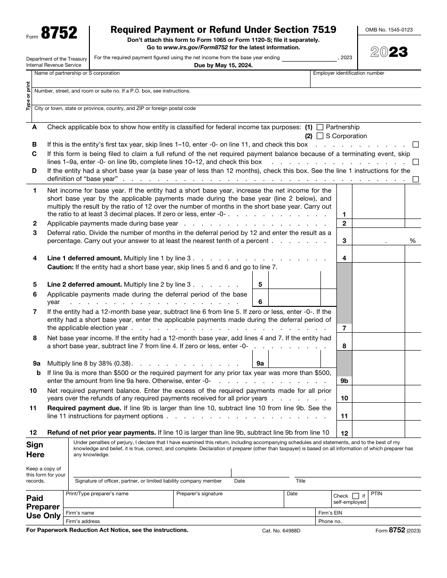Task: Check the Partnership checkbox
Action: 320,127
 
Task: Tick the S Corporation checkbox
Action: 320,136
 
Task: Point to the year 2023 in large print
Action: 389,52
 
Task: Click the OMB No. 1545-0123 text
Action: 389,30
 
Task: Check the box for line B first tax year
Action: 415,145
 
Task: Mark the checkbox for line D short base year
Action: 415,179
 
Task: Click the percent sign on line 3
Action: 413,241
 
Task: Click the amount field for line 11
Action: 378,412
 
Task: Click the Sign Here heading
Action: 35,450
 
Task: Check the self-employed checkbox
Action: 356,496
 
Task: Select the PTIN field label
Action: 376,494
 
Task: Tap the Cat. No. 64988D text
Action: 281,531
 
